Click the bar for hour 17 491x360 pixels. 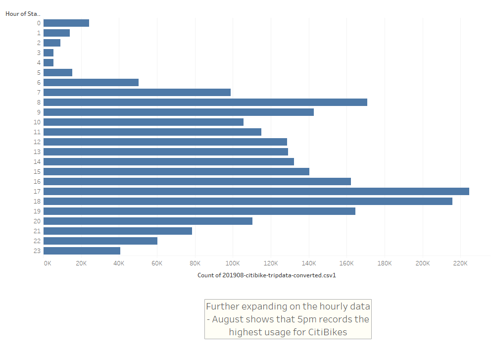tap(256, 191)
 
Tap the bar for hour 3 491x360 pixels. tap(49, 52)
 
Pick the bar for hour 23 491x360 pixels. tap(82, 251)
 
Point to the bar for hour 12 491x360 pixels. tap(165, 142)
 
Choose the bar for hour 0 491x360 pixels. tap(66, 23)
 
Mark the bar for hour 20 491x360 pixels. tap(147, 221)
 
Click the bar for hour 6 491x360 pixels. tap(91, 82)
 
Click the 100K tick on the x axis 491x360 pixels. tap(233, 263)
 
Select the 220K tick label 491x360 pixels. tap(460, 263)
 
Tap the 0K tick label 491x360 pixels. tap(47, 263)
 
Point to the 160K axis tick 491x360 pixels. tap(346, 263)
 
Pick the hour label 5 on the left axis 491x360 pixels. tap(39, 72)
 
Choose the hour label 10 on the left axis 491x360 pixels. tap(37, 122)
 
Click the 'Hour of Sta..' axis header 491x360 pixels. tap(23, 13)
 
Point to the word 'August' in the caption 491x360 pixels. tap(229, 319)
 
